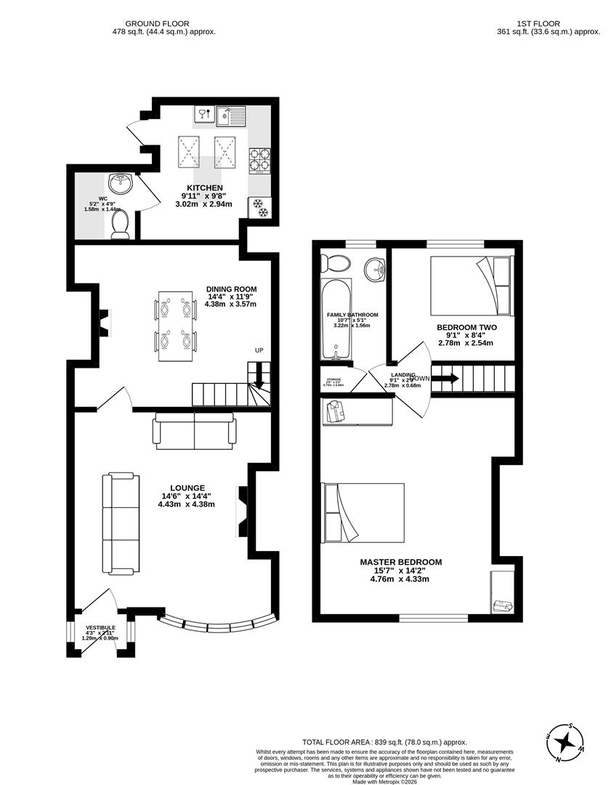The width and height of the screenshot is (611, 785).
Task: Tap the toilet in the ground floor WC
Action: click(120, 224)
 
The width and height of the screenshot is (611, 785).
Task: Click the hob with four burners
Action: click(259, 160)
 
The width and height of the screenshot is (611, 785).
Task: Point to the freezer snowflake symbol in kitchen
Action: click(259, 208)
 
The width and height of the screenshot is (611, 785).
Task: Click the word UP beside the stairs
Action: click(259, 350)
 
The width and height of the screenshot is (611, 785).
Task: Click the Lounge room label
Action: click(187, 488)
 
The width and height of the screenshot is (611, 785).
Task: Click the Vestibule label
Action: click(100, 627)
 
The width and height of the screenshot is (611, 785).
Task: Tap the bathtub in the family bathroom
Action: click(336, 318)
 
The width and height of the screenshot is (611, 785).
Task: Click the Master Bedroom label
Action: click(400, 562)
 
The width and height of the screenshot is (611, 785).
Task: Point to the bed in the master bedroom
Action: click(364, 512)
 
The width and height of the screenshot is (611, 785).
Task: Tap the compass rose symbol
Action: click(565, 743)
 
